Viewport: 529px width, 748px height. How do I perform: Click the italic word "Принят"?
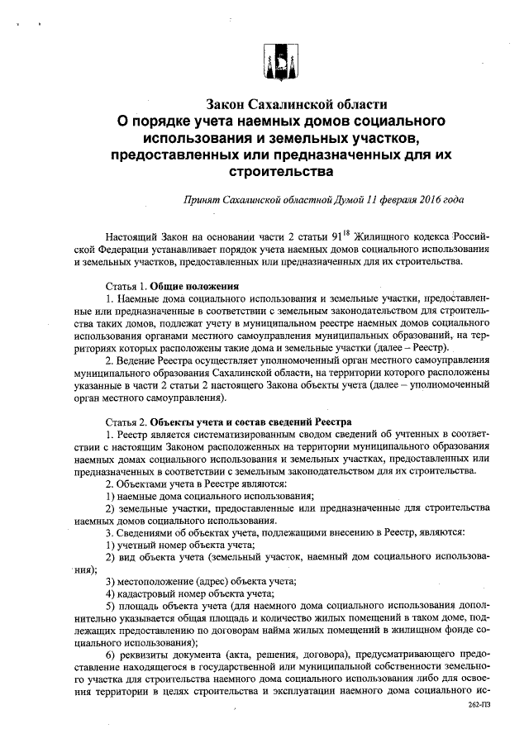[x=203, y=200]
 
